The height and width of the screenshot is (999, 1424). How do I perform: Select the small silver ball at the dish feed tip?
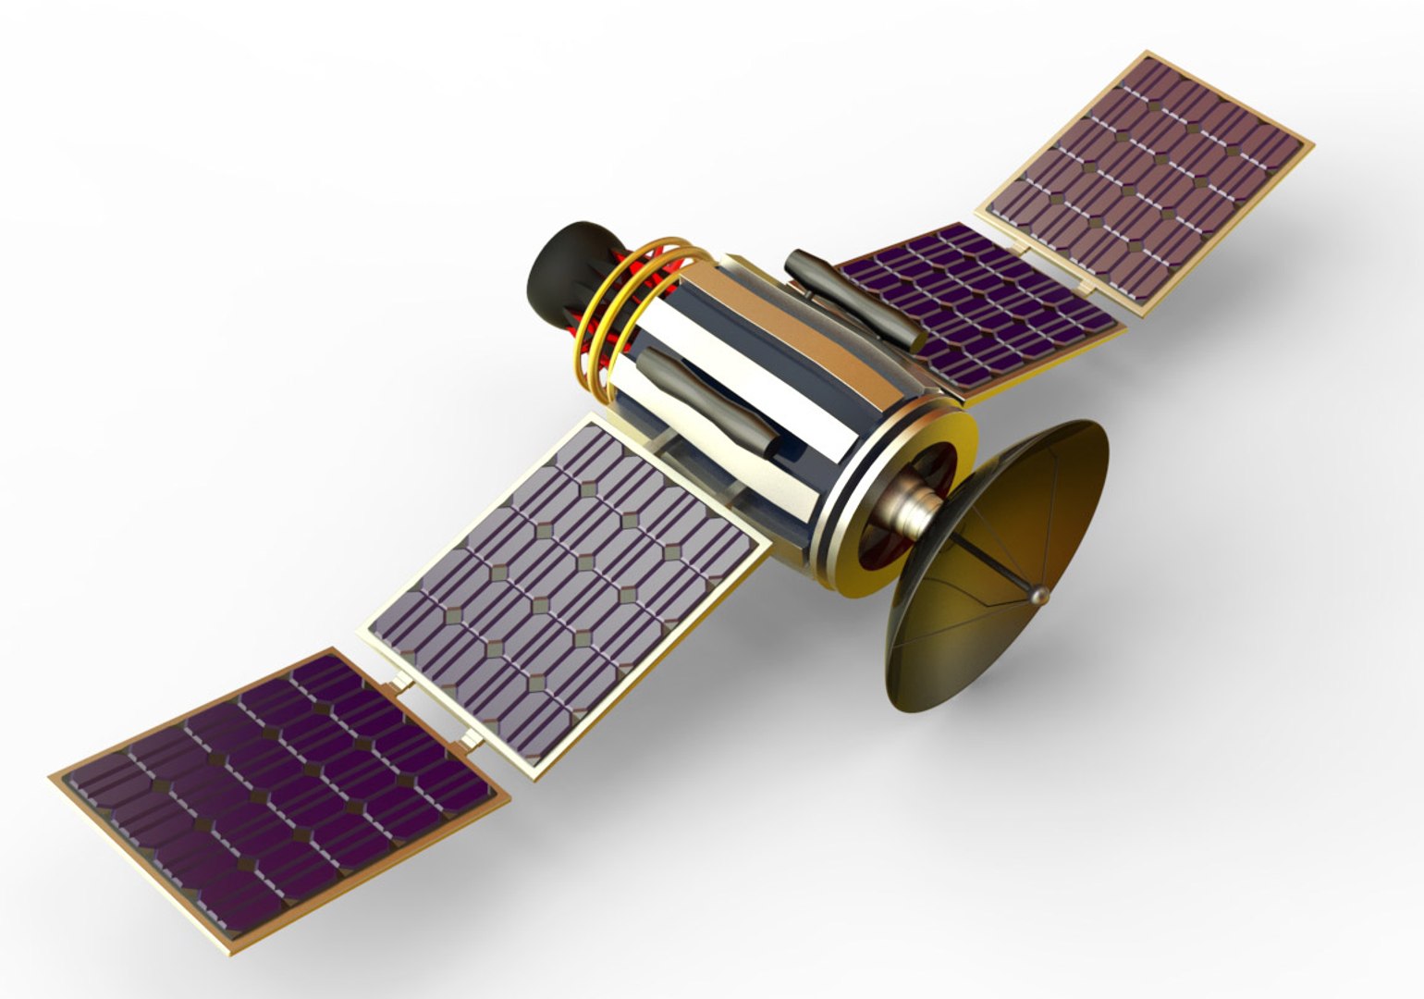[x=1039, y=597]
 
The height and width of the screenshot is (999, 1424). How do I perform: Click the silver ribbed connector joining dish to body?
[x=911, y=509]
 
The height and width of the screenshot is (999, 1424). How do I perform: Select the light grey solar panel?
[x=564, y=592]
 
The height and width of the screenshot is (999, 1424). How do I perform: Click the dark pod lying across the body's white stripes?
[x=707, y=402]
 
